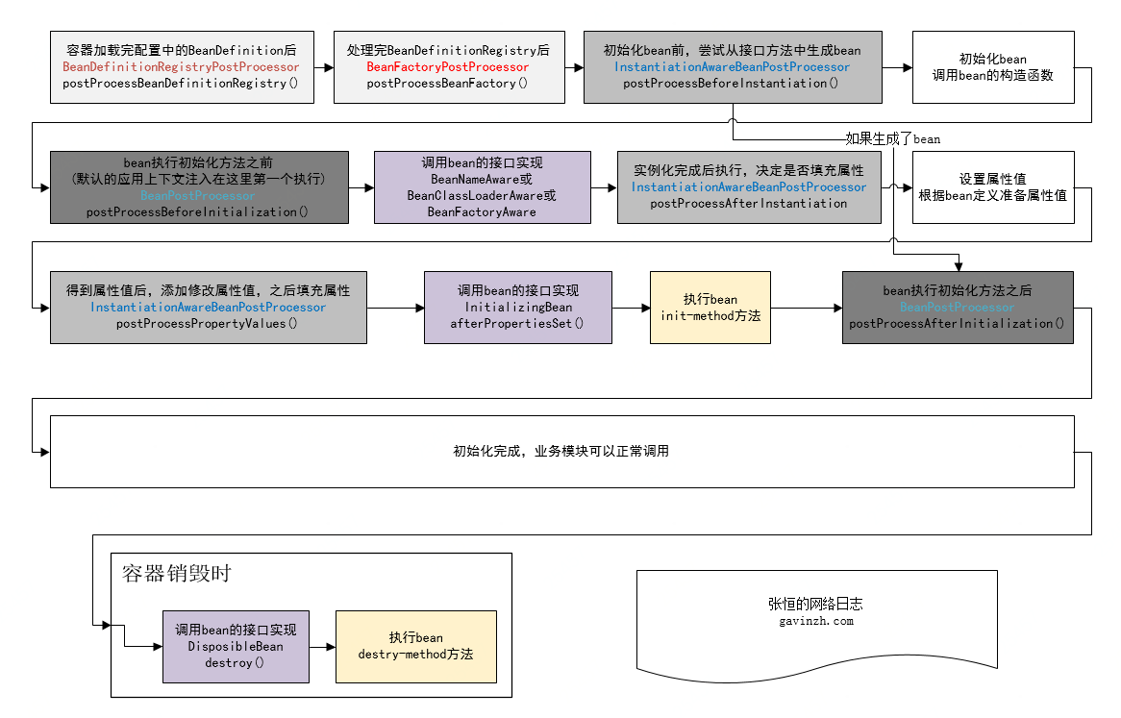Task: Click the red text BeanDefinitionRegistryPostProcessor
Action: [181, 67]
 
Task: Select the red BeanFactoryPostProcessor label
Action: [447, 67]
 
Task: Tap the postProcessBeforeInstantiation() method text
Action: [731, 84]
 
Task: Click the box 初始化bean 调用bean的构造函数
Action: [992, 66]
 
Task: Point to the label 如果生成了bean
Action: [892, 138]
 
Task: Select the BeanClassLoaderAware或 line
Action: [482, 195]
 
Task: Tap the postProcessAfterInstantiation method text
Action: [748, 203]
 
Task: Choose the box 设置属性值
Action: [992, 186]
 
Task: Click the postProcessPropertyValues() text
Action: [207, 323]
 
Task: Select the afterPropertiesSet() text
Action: [517, 323]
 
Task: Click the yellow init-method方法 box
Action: [710, 307]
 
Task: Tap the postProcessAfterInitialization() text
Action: [957, 323]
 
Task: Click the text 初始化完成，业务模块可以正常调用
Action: [560, 451]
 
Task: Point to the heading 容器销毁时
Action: [176, 574]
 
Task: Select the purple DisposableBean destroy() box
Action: [236, 646]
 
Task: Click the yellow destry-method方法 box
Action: [415, 646]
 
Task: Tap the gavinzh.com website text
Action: [815, 621]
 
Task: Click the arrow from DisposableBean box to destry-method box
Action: [322, 646]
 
